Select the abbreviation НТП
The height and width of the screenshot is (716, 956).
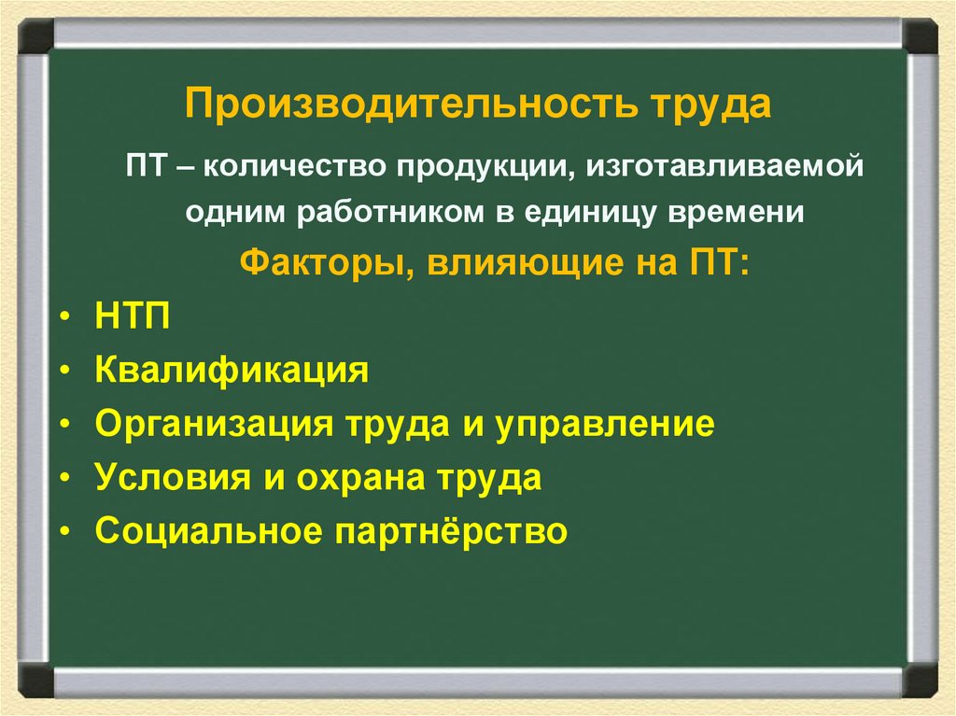click(x=133, y=317)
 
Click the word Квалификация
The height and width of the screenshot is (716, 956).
click(x=231, y=372)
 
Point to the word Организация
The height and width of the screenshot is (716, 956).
click(x=214, y=425)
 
